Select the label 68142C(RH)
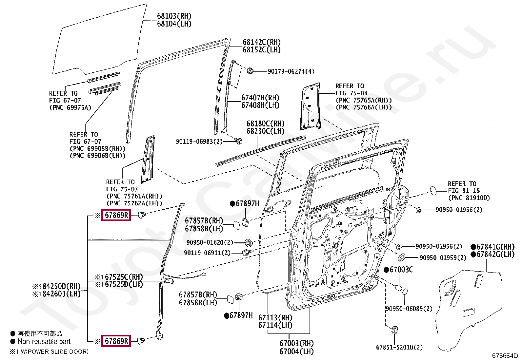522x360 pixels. coord(261,42)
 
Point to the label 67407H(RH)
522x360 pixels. coord(260,98)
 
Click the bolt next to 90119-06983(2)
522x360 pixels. coord(239,141)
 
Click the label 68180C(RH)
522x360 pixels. coord(265,123)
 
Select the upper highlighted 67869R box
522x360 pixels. coord(116,215)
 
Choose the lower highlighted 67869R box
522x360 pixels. coord(116,341)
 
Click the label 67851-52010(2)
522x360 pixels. coord(399,347)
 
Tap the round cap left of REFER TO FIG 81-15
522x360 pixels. coord(433,190)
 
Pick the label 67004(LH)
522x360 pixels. coord(296,351)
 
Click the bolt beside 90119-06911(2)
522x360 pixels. coord(246,253)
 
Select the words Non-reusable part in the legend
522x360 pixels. coord(44,341)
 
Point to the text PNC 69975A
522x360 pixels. coord(70,107)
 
